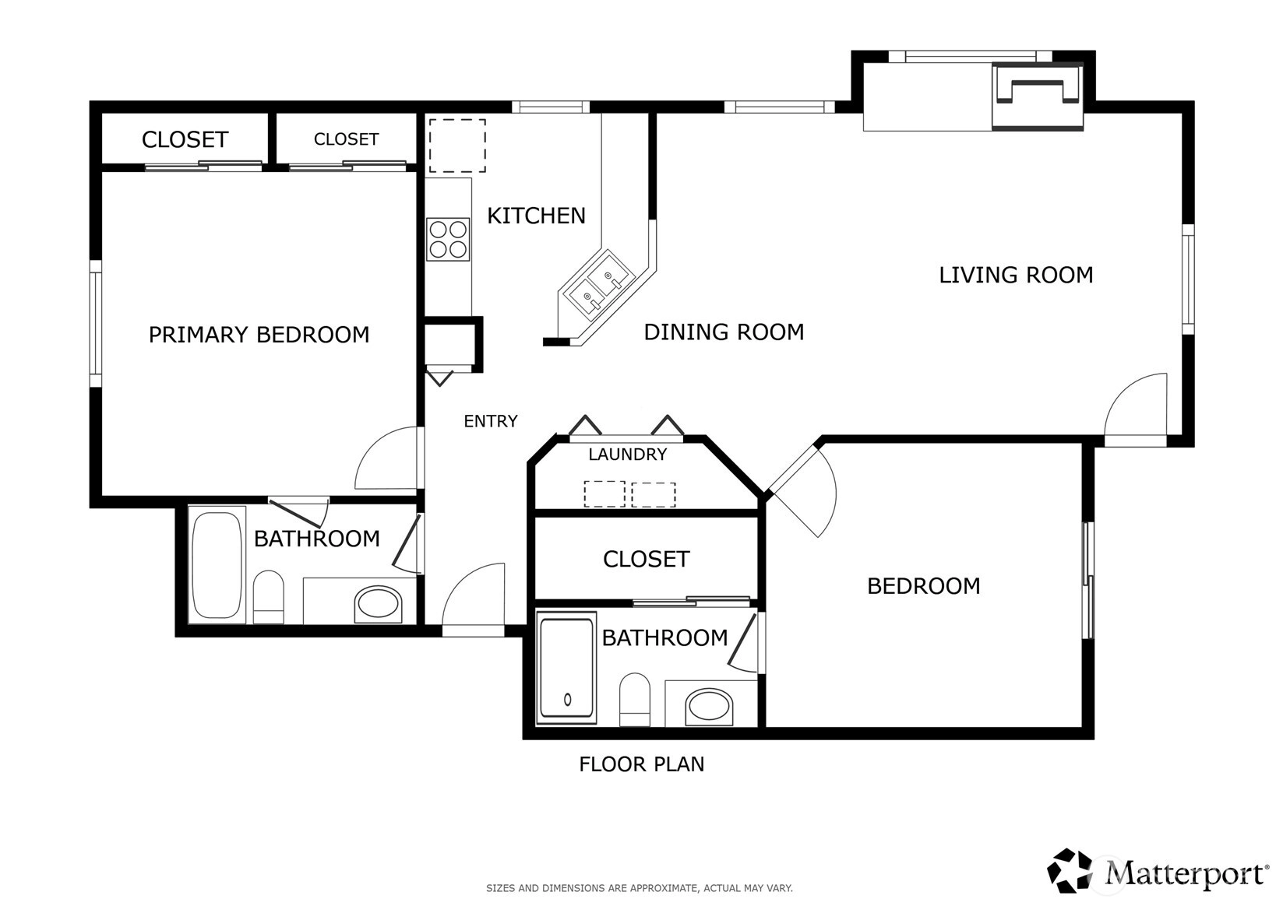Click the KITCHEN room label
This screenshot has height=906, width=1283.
coord(536,216)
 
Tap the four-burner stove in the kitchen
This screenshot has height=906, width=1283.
coord(448,239)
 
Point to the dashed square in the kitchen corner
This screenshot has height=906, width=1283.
coord(457,146)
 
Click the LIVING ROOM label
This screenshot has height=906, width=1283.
coord(1016,275)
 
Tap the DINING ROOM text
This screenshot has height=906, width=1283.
coord(724,332)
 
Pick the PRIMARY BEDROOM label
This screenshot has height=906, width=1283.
coord(259,334)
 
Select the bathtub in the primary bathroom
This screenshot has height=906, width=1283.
coord(217,564)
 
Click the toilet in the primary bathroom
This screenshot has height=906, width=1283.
coord(269,597)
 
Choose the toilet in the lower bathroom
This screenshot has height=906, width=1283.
coord(635,700)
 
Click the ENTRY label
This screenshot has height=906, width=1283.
coord(490,421)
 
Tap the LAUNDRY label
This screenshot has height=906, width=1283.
coord(628,455)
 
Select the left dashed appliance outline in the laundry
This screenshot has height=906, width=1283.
coord(604,494)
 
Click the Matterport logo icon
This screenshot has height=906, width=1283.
coord(1070,871)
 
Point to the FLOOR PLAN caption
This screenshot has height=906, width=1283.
coord(642,764)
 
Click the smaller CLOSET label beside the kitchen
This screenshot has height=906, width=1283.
coord(346,139)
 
